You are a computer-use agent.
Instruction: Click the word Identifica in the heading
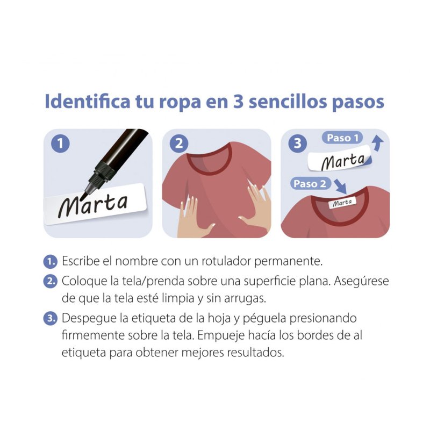[88, 102]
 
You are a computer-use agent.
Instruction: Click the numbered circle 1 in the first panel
[60, 144]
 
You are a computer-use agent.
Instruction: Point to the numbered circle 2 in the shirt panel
[179, 144]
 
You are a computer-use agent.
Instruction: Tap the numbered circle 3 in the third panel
[298, 144]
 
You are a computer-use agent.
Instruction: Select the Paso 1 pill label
[342, 138]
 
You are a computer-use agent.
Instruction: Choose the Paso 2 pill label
[310, 183]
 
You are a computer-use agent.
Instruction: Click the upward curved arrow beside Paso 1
[377, 144]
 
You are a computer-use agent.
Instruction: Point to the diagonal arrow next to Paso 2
[341, 187]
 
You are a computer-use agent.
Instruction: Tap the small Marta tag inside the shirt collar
[342, 203]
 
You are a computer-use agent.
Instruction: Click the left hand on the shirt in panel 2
[193, 218]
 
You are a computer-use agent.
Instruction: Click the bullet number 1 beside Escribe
[50, 262]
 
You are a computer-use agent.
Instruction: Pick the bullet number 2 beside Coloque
[50, 282]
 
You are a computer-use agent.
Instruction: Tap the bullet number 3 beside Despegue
[50, 318]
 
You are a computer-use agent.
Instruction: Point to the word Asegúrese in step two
[361, 282]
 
